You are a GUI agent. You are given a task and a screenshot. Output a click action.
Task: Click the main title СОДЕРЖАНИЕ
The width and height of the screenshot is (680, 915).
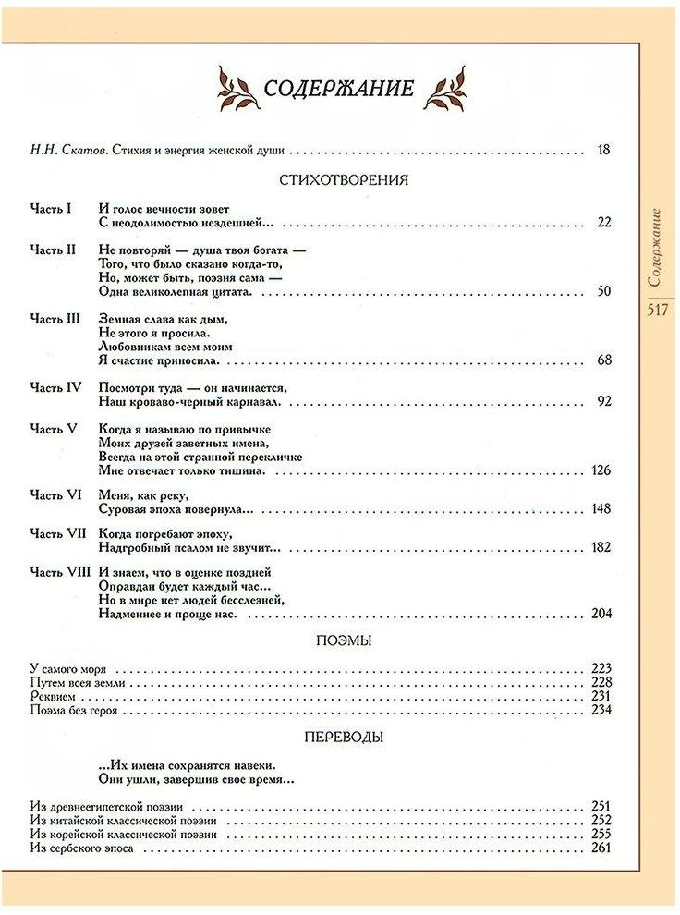pos(339,89)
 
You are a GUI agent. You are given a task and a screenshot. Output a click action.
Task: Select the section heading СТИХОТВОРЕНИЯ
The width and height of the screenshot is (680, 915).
pos(343,180)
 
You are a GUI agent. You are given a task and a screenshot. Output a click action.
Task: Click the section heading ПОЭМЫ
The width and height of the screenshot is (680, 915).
pos(343,640)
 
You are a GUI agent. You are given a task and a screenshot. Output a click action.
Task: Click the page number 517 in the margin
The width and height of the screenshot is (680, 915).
pos(657,311)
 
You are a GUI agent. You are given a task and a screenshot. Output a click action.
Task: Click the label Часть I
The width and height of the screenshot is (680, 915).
pos(51,209)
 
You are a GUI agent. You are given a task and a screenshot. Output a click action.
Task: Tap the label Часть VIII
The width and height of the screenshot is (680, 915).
pos(60,572)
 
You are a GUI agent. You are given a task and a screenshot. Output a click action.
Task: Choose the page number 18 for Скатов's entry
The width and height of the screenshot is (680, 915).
pos(604,151)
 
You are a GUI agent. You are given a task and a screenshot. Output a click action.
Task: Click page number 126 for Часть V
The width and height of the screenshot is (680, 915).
pos(601,470)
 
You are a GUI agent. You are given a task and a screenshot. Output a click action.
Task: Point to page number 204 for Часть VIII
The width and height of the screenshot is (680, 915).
pos(601,614)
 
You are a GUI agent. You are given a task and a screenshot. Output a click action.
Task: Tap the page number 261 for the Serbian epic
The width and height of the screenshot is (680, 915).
pos(601,848)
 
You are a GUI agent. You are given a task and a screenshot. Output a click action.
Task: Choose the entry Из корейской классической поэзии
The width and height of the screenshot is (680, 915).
pos(123,834)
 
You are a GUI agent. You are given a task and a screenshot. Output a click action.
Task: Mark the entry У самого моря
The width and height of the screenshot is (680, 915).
pos(69,668)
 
